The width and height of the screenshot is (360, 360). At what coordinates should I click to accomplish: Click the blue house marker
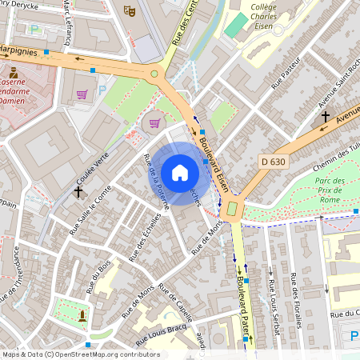180,172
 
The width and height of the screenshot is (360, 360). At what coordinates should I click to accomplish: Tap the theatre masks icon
130,10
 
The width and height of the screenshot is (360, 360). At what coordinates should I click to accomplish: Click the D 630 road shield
274,162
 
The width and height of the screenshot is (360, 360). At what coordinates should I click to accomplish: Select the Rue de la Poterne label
155,181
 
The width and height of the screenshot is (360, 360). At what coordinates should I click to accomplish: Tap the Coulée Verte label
91,167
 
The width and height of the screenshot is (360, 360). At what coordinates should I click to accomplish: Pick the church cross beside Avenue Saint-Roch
325,117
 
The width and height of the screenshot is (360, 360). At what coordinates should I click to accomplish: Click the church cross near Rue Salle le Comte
78,191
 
